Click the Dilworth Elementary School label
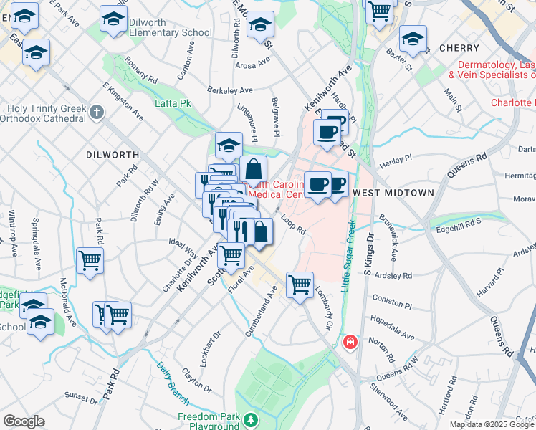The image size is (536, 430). pos(171,27)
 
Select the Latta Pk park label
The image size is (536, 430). pos(173,104)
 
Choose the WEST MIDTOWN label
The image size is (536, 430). pos(393,193)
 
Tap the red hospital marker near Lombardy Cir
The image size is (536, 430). pos(350,343)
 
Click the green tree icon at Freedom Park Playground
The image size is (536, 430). pos(251,419)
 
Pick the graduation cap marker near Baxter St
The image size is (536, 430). pos(413,39)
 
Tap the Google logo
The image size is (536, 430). pos(24,421)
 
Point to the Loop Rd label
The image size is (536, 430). pos(293,226)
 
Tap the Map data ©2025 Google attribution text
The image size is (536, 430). pos(492,424)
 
